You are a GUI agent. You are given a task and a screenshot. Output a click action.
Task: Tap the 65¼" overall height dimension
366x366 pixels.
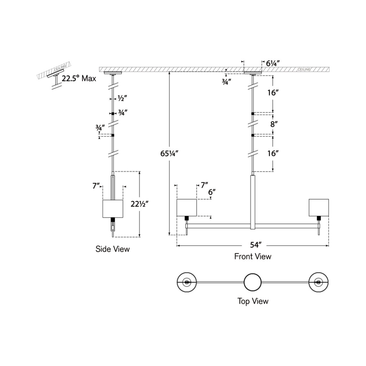click(x=169, y=153)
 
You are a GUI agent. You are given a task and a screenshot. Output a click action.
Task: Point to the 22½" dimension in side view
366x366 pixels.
click(x=139, y=204)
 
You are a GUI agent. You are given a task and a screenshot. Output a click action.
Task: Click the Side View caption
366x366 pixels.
click(x=113, y=249)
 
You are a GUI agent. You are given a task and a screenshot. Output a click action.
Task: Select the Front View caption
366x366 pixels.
click(x=253, y=256)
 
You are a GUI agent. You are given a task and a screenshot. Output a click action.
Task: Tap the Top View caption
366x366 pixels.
click(x=253, y=301)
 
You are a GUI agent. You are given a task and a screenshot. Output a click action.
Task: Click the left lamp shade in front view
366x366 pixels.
click(x=186, y=207)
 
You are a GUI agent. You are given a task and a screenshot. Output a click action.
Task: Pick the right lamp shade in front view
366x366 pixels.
click(x=319, y=207)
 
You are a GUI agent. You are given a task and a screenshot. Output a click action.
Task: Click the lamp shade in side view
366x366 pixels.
click(x=113, y=209)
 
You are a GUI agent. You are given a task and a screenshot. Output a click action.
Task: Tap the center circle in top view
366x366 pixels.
click(x=253, y=282)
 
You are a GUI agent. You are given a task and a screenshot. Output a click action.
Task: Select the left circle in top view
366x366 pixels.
click(x=186, y=282)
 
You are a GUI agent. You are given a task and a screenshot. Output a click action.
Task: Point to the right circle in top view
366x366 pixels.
click(x=319, y=282)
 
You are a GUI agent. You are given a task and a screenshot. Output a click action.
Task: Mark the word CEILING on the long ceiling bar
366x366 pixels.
click(x=304, y=69)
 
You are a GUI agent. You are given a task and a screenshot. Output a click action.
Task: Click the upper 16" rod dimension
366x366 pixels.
click(x=273, y=93)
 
